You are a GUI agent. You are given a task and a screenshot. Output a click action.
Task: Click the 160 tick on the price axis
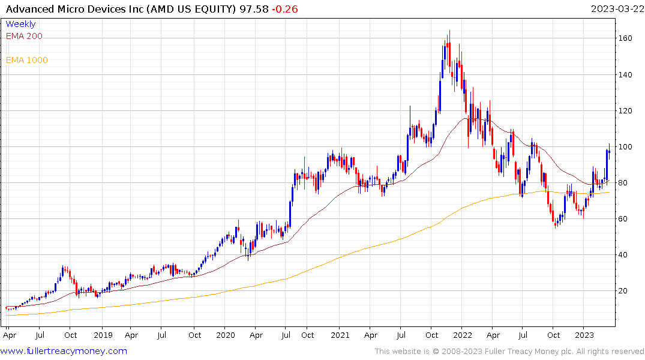pyautogui.click(x=626, y=38)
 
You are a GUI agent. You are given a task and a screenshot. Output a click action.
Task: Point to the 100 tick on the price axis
pyautogui.click(x=626, y=147)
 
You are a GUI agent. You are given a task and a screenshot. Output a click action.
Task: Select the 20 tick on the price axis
pyautogui.click(x=625, y=291)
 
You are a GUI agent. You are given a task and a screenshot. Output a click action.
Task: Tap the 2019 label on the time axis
pyautogui.click(x=103, y=335)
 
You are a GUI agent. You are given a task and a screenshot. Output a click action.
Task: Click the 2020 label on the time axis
pyautogui.click(x=225, y=335)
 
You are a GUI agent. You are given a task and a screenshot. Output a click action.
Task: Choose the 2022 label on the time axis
pyautogui.click(x=462, y=335)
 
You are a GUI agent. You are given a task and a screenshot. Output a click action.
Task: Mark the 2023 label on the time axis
pyautogui.click(x=584, y=335)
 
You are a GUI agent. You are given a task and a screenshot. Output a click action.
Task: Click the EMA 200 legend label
pyautogui.click(x=24, y=36)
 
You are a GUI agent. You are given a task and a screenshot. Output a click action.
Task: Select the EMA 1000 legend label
pyautogui.click(x=26, y=60)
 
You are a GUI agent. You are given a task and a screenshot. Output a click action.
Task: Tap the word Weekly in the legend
pyautogui.click(x=20, y=24)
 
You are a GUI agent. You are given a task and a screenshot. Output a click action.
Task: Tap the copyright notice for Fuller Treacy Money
pyautogui.click(x=509, y=352)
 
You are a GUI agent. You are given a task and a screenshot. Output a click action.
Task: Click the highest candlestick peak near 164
pyautogui.click(x=449, y=31)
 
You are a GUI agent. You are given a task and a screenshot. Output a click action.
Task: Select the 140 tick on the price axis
pyautogui.click(x=626, y=75)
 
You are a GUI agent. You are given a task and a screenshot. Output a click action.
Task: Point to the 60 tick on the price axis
pyautogui.click(x=625, y=219)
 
